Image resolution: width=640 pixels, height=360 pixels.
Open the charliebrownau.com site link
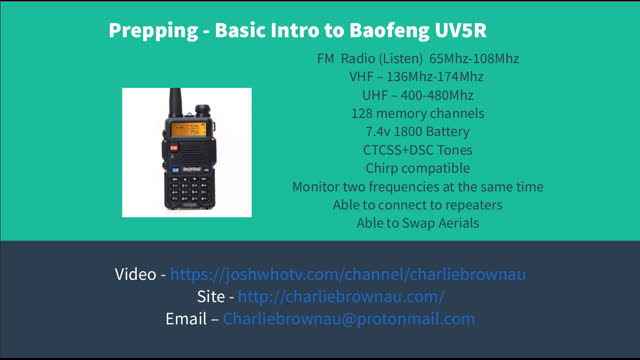(x=340, y=297)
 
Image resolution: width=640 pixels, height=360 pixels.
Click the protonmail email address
(x=348, y=320)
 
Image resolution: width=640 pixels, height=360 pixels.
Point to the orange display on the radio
(x=185, y=131)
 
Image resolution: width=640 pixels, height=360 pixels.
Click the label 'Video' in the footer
(x=135, y=274)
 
